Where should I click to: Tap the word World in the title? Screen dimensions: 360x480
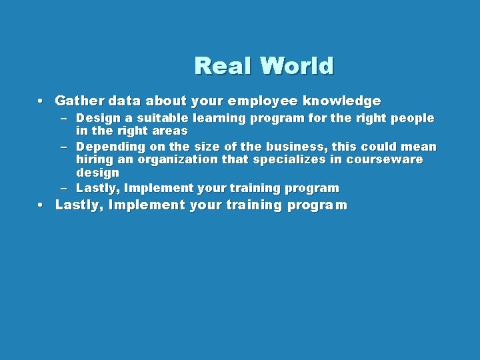pyautogui.click(x=297, y=66)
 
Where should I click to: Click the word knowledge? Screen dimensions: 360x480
pyautogui.click(x=342, y=101)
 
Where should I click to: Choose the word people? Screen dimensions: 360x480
pyautogui.click(x=412, y=119)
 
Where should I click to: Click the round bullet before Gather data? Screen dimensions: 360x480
pyautogui.click(x=41, y=102)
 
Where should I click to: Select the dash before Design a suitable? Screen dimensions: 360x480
pyautogui.click(x=64, y=119)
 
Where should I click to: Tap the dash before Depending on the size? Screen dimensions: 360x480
pyautogui.click(x=64, y=147)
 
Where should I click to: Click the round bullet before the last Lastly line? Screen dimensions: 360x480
pyautogui.click(x=41, y=205)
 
